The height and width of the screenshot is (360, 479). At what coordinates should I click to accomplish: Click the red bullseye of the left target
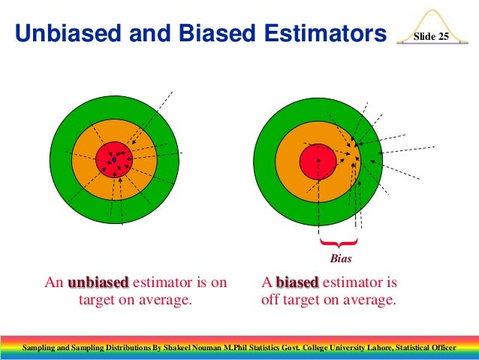pos(114,159)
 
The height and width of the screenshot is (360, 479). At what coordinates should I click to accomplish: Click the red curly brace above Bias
pos(337,244)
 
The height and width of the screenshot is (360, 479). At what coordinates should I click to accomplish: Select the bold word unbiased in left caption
pos(98,283)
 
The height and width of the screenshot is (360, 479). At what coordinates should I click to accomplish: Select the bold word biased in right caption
pos(297,283)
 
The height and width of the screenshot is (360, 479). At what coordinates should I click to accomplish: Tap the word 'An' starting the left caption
pos(53,283)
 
